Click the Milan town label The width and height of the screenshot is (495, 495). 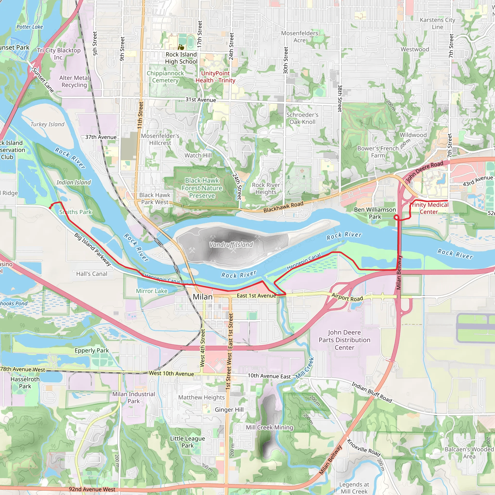click(202, 297)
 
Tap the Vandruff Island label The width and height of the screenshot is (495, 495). click(231, 245)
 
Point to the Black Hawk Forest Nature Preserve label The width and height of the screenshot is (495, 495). click(202, 188)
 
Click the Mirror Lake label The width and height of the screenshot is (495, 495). click(152, 291)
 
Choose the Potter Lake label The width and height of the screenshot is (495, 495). click(30, 27)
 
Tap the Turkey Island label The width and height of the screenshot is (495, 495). click(48, 124)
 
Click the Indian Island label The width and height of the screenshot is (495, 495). click(73, 182)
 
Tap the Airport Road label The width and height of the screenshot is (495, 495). click(347, 297)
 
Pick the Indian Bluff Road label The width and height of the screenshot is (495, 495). click(372, 392)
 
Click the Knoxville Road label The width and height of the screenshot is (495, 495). click(364, 448)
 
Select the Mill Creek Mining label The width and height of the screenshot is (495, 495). click(269, 427)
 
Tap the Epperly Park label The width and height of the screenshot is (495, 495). click(92, 350)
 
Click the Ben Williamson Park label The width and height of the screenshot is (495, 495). click(375, 213)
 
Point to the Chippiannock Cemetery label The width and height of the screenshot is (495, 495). click(165, 77)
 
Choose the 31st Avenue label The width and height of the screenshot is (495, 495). click(201, 100)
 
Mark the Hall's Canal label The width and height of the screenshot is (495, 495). click(92, 274)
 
